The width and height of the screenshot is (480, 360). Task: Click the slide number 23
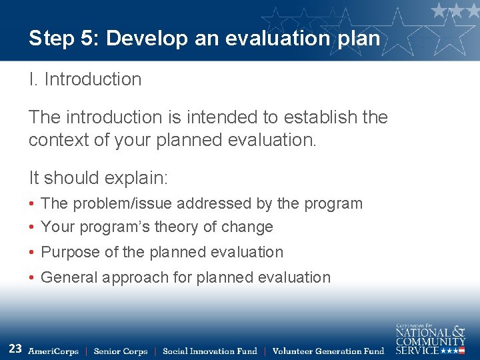[15, 348]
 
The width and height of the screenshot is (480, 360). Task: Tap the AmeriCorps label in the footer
[53, 351]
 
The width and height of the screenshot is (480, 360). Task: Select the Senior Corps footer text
[121, 351]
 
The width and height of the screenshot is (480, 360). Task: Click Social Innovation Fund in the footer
[209, 351]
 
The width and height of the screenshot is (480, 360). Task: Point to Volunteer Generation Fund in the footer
[328, 351]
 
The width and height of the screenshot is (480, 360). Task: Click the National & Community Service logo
[430, 339]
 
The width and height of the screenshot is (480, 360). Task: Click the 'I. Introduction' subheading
[85, 79]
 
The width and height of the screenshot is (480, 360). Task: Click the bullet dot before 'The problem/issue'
[32, 204]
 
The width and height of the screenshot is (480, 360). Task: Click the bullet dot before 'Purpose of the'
[32, 253]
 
